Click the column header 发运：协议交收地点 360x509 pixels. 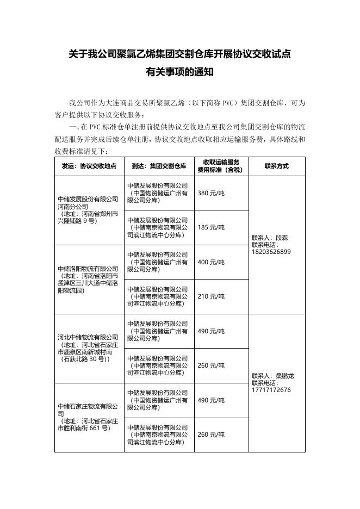89,166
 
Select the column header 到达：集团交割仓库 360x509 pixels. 159,166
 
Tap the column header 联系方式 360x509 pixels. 276,166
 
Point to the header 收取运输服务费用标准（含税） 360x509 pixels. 221,166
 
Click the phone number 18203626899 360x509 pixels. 271,252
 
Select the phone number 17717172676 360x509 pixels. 271,390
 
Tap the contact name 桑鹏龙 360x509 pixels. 284,376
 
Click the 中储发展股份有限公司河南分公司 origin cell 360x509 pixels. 89,210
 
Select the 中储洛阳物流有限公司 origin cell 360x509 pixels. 89,279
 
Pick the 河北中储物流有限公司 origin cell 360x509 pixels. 89,348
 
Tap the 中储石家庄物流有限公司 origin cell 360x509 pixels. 89,417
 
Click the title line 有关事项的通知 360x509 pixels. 179,71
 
